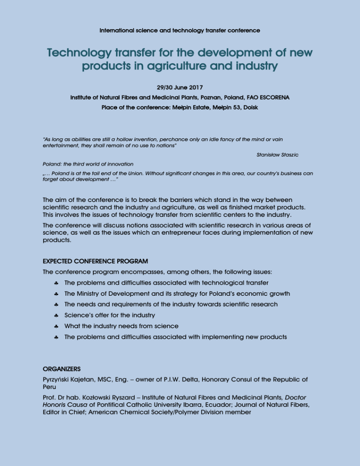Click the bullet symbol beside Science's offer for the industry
coord(56,316)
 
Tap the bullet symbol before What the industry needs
coord(56,326)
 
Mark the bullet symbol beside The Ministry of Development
coord(56,294)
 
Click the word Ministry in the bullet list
coord(92,294)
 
